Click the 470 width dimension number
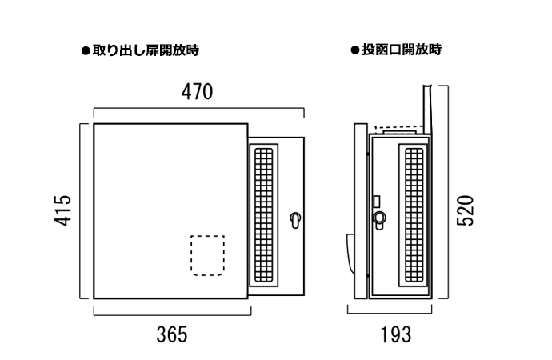196,92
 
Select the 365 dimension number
171,334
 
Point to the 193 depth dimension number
395,334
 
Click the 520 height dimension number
468,210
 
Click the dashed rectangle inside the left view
206,255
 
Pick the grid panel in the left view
264,214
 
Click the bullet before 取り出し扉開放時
86,50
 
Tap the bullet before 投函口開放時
354,50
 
